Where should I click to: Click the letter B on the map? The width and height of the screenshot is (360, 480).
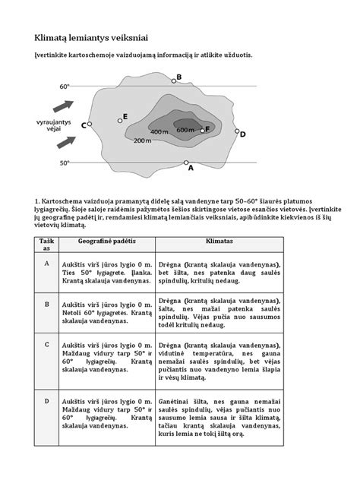pos(178,77)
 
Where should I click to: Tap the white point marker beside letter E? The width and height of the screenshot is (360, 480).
pos(120,120)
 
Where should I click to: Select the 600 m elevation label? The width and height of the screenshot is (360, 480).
pos(186,131)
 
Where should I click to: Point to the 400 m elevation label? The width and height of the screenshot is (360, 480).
pos(159,132)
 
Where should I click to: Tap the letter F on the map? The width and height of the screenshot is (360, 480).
pos(207,130)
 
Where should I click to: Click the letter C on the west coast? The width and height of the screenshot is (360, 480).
pos(82,126)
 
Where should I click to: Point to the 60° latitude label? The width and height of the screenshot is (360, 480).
pos(64,87)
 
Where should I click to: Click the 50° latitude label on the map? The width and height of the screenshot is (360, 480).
pos(64,163)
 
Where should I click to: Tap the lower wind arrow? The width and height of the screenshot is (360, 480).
pos(67,142)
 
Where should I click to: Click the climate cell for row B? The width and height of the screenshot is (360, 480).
pos(219,321)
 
